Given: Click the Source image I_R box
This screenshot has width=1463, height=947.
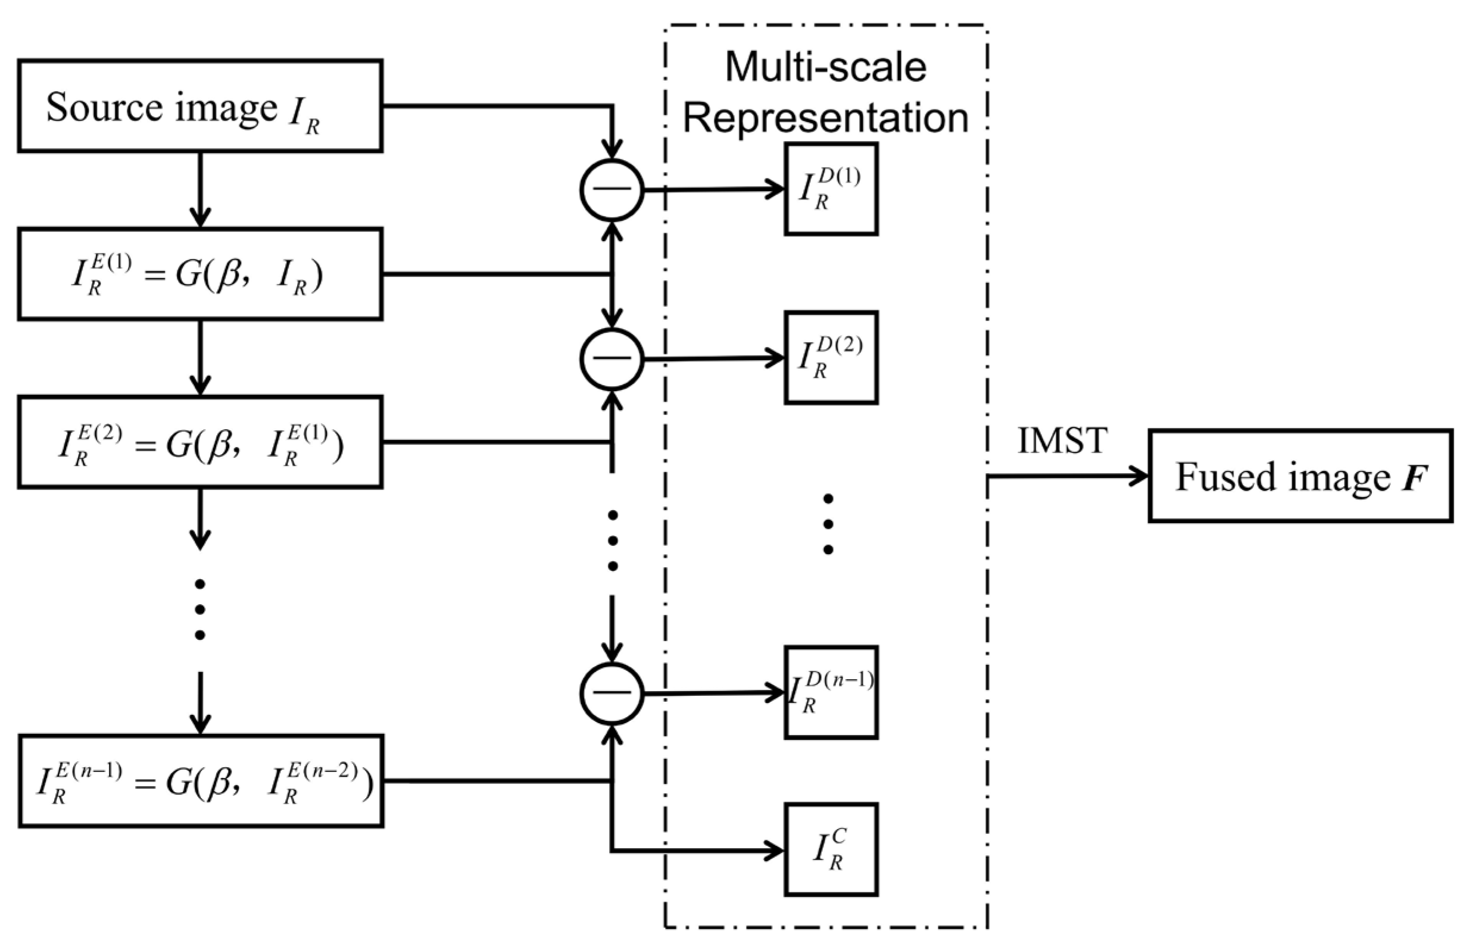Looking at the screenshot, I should click(x=201, y=106).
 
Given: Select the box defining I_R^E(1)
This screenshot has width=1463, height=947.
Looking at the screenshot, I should click(x=201, y=274).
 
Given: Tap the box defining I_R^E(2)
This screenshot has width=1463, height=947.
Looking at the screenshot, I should click(x=201, y=442).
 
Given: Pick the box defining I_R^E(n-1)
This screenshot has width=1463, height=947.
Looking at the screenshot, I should click(x=202, y=781).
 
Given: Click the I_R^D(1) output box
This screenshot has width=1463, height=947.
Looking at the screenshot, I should click(x=831, y=189).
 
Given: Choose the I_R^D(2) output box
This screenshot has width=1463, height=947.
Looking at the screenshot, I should click(x=831, y=358).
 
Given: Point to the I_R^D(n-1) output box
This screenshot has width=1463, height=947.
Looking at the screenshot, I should click(x=831, y=693).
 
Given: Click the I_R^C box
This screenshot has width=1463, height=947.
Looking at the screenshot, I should click(x=831, y=850).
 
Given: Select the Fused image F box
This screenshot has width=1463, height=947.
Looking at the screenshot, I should click(x=1300, y=476).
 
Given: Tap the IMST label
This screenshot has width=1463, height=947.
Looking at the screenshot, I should click(x=1062, y=440).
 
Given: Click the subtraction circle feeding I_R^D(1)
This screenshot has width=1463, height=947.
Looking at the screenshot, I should click(x=612, y=190).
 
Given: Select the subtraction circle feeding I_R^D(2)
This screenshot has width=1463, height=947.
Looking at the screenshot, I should click(x=612, y=359).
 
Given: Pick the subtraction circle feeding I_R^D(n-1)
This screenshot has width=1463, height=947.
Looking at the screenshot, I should click(x=612, y=693).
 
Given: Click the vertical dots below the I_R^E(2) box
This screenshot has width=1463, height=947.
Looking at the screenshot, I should click(x=200, y=610).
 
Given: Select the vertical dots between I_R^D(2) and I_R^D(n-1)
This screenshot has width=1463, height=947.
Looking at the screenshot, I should click(x=828, y=524).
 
